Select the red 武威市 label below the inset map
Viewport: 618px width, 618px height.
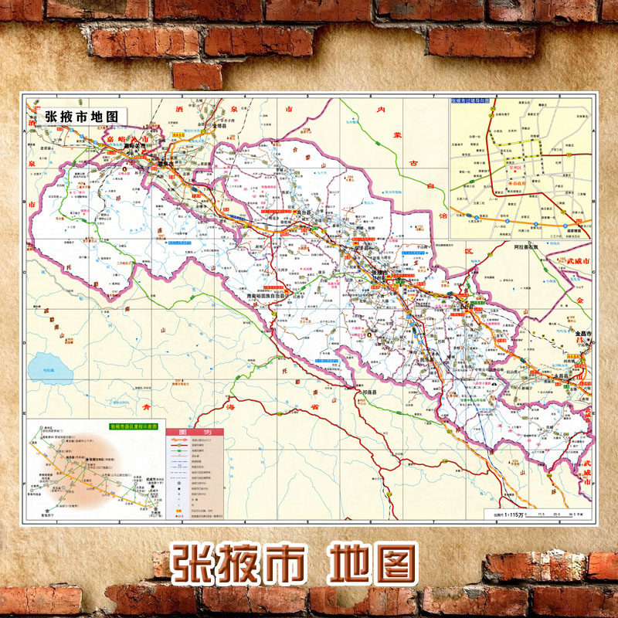click(576, 262)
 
